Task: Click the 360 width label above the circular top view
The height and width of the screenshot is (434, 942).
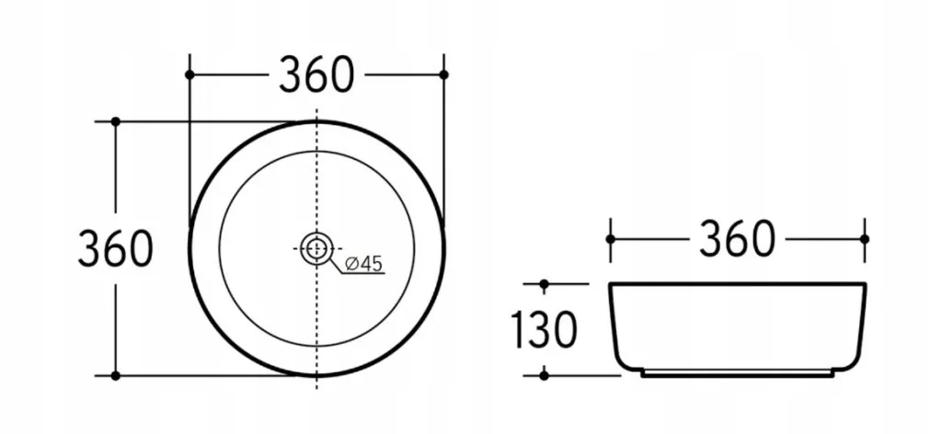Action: point(316,74)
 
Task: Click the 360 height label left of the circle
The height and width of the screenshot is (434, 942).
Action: point(115,248)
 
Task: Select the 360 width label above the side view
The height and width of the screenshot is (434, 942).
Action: point(737,239)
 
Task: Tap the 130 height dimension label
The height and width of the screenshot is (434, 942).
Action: point(544,329)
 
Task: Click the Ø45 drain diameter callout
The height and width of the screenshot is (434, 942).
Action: point(364,263)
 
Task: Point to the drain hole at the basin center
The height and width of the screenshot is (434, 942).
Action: point(316,248)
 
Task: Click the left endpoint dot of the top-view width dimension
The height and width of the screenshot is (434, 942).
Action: point(190,74)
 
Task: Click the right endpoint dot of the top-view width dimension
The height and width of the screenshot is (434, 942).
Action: point(444,74)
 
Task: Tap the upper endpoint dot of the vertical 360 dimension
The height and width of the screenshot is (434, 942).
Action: point(116,121)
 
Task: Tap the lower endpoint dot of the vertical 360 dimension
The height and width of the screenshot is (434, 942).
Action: point(116,376)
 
